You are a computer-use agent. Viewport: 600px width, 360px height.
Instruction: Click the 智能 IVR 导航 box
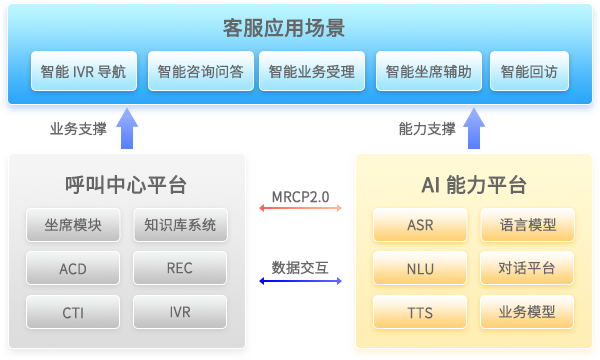84,72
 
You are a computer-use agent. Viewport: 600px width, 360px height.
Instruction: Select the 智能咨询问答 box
200,72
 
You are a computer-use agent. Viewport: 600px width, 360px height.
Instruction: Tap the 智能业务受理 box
312,72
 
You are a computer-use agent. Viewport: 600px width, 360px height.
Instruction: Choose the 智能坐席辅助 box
430,72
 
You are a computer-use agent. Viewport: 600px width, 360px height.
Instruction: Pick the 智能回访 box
529,72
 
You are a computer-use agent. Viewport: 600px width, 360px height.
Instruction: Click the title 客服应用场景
300,27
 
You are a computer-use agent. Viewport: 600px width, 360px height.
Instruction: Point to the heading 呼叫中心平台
126,185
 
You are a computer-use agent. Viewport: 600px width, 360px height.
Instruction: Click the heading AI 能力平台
474,185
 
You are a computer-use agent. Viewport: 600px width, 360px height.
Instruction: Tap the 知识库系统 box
180,225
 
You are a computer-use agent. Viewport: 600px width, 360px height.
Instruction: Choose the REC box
180,268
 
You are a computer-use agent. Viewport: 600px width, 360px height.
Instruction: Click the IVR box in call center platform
180,312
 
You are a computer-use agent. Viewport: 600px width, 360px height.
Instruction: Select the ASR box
420,225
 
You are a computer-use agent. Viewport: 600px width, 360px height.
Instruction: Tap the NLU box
420,268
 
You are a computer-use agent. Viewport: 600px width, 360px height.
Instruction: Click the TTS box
420,312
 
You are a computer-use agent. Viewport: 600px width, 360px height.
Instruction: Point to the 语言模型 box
527,225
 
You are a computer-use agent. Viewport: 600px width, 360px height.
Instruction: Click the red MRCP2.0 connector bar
300,208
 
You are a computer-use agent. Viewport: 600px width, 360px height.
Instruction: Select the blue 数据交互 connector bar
300,281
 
